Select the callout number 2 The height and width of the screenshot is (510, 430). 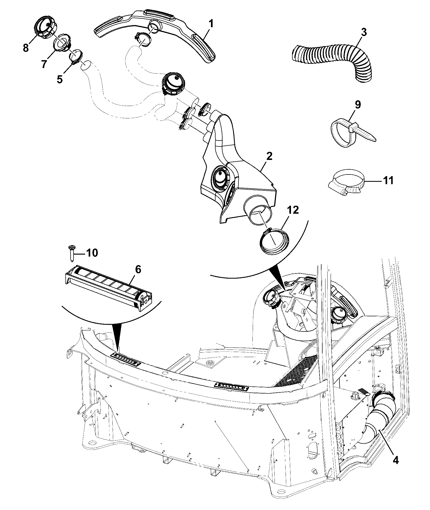click(269, 157)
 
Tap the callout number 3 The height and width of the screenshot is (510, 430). click(363, 33)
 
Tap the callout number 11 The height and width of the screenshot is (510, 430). click(388, 180)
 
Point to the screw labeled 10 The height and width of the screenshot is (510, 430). click(72, 253)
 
